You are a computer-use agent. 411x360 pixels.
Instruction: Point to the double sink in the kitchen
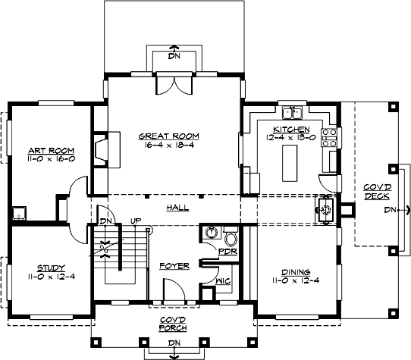(x=293, y=114)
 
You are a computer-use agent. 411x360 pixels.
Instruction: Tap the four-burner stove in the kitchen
(x=330, y=137)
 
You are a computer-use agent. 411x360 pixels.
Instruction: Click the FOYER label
(x=173, y=267)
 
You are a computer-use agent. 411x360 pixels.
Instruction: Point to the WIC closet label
(x=222, y=280)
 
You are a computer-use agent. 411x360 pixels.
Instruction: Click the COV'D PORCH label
(x=173, y=324)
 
